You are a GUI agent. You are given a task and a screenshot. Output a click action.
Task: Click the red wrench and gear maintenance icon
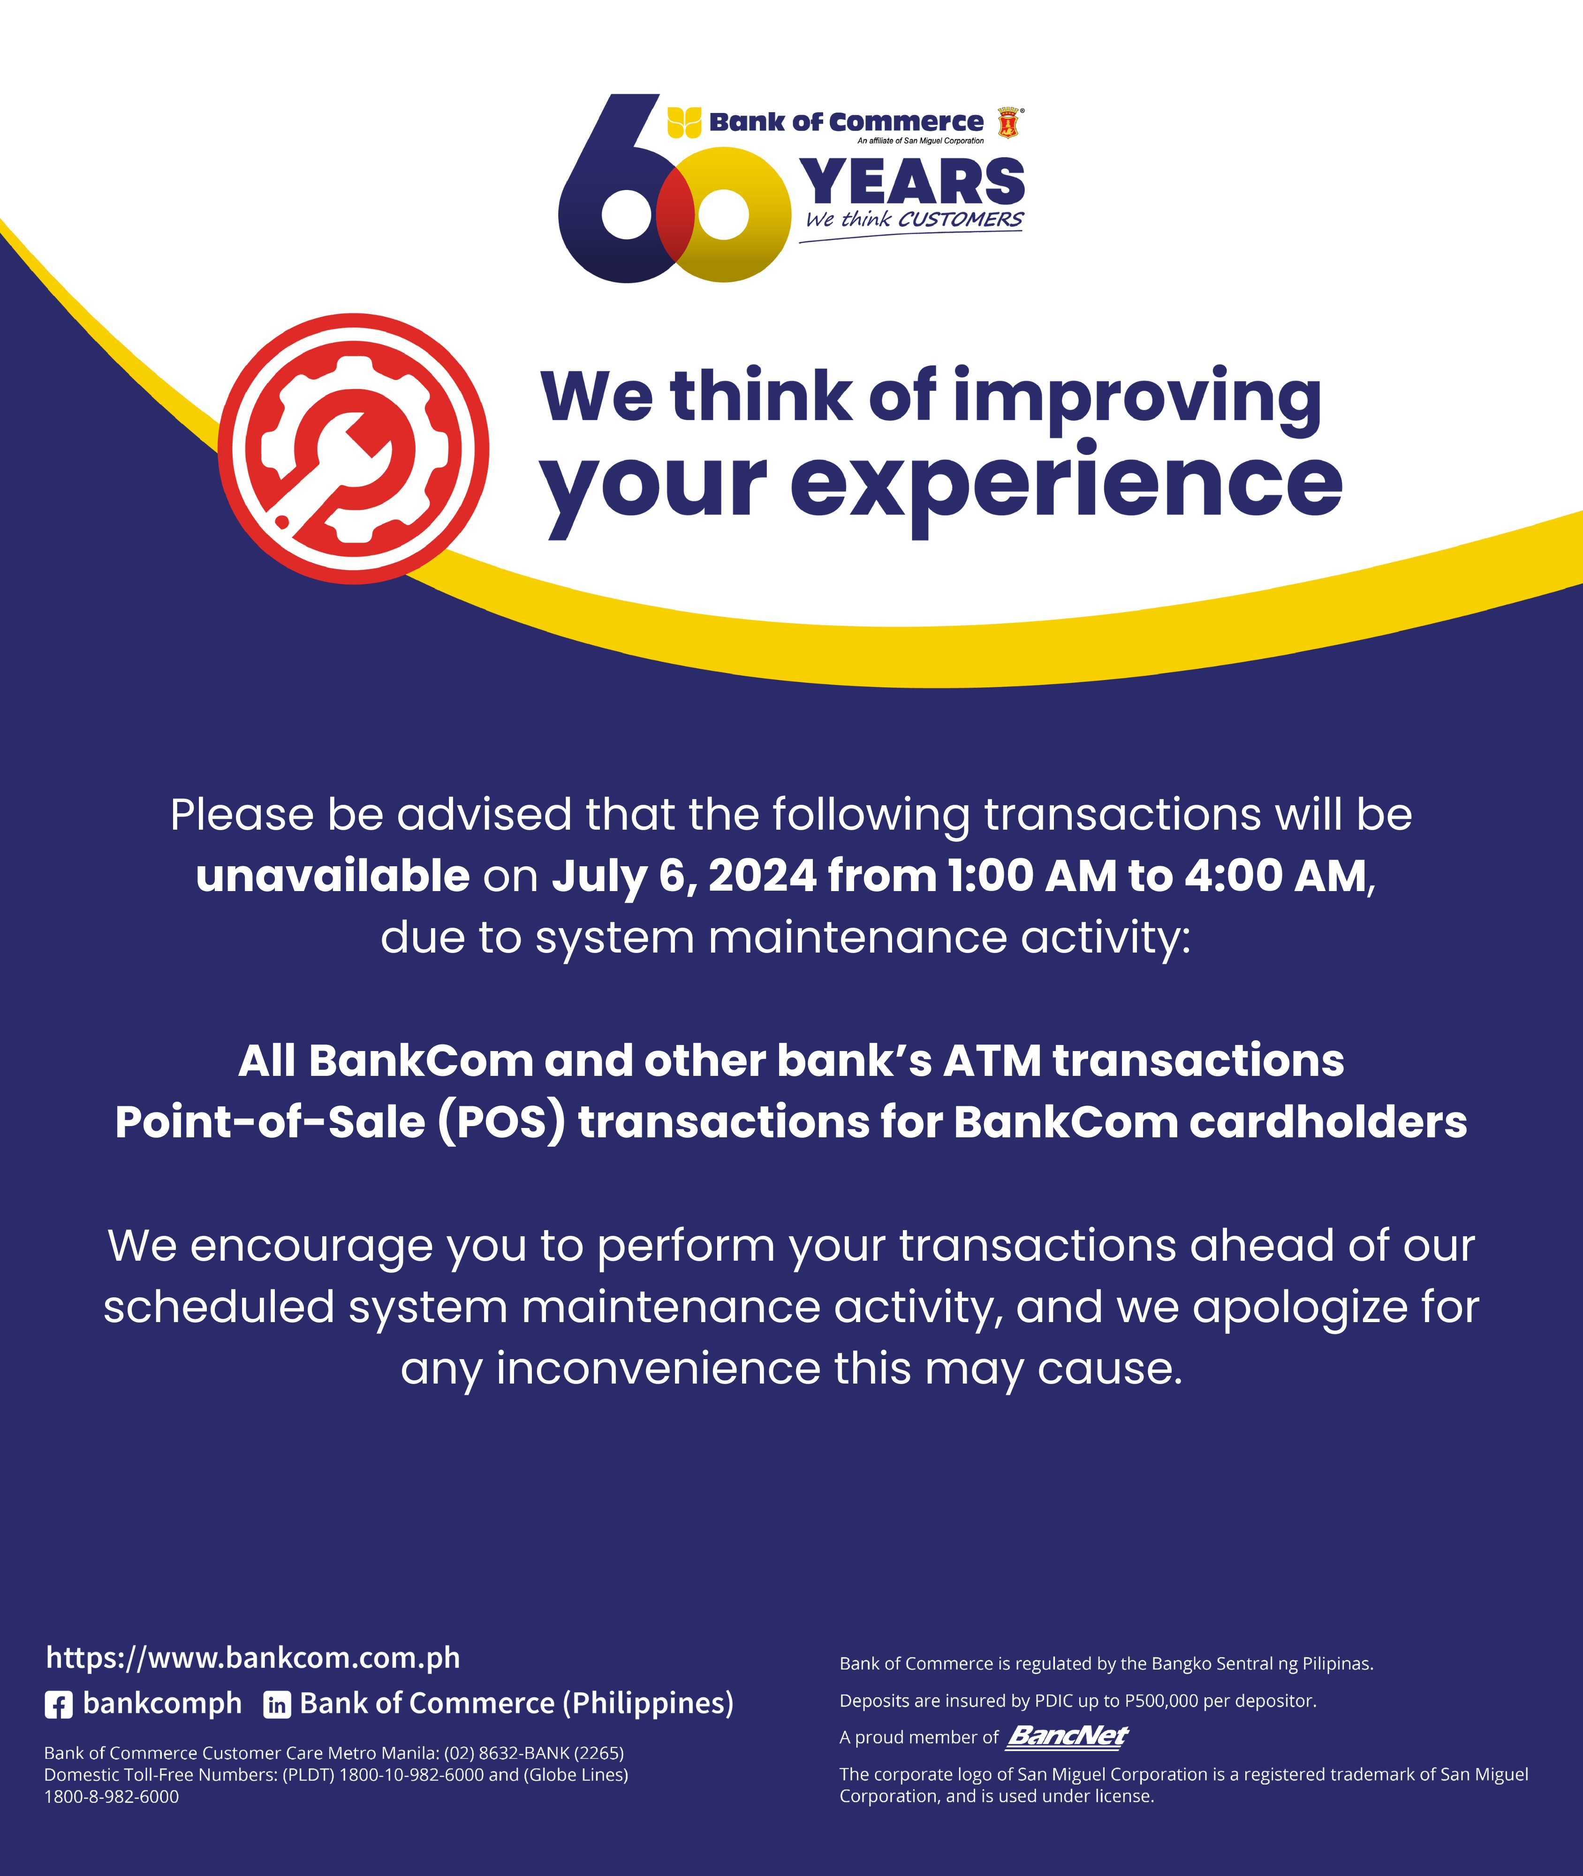(354, 448)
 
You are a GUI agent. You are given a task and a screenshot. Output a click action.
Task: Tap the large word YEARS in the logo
(912, 182)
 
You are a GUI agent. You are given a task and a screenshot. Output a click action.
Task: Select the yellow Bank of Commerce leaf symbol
(684, 122)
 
